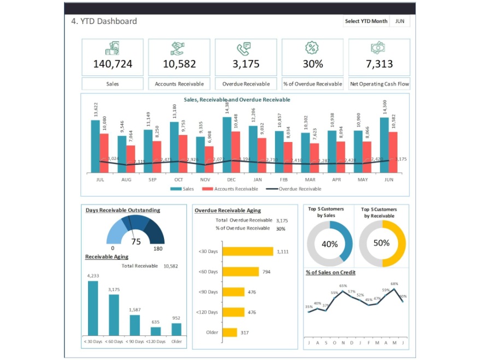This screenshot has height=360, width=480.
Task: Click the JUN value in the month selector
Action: click(400, 21)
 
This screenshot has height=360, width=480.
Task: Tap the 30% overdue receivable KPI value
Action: click(313, 64)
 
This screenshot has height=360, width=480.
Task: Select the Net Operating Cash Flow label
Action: click(379, 84)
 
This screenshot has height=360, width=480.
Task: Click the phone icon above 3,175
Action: click(245, 48)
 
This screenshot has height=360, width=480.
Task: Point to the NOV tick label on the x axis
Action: click(205, 179)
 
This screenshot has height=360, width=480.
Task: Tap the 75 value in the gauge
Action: click(136, 242)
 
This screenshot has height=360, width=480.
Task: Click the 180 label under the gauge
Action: click(159, 249)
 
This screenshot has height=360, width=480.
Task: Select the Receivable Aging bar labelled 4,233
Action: click(93, 308)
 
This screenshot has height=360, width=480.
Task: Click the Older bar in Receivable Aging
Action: click(176, 329)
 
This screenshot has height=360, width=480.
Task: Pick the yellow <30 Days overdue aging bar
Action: click(247, 251)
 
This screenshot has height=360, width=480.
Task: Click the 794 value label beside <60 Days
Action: click(266, 272)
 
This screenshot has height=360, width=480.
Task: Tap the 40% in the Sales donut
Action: click(330, 244)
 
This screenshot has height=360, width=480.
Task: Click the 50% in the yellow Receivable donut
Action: click(382, 243)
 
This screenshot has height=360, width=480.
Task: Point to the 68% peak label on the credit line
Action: click(394, 284)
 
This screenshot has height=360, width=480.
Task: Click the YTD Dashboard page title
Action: click(104, 21)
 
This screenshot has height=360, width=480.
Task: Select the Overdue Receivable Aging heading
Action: click(227, 210)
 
